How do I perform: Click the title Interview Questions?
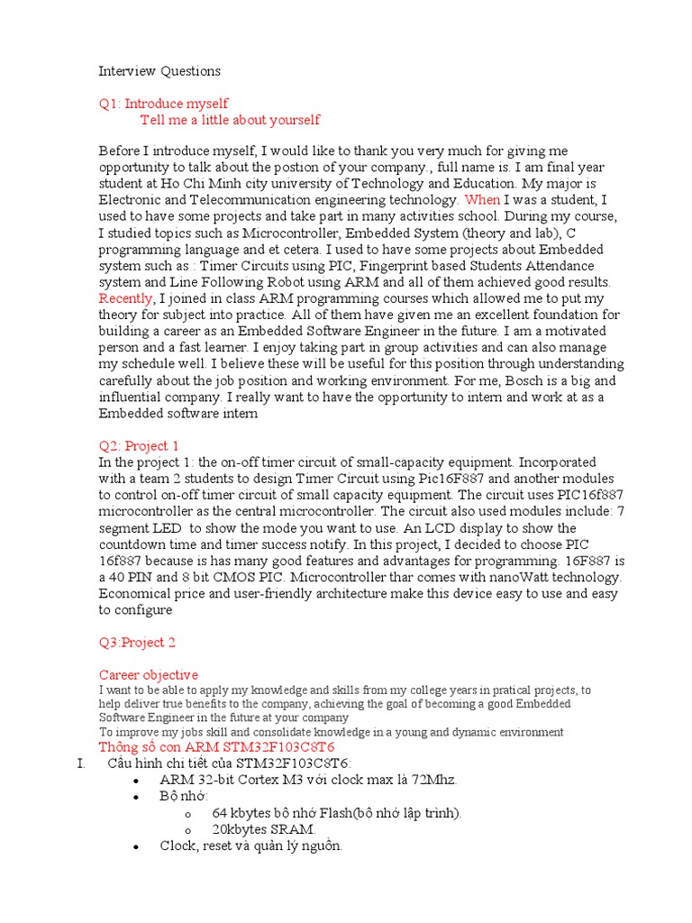159,70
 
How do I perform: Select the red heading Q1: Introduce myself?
163,104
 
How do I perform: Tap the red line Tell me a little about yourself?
230,120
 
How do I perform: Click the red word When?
481,200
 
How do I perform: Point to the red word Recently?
126,298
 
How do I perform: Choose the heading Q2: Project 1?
139,445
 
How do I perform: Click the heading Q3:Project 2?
137,643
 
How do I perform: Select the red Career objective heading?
148,674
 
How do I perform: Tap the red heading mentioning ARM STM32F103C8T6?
216,747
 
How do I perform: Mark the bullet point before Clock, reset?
135,846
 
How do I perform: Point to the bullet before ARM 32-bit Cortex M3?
135,781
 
